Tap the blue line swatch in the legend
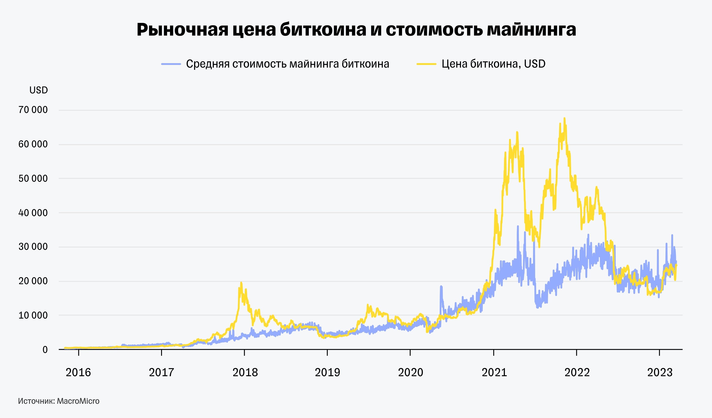171,64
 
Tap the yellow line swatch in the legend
426,64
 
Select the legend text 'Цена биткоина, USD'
493,64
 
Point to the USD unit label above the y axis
38,90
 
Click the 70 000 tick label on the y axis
33,110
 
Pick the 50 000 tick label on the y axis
33,179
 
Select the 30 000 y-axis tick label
33,247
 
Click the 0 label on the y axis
45,350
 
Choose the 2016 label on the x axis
78,372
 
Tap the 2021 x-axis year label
494,372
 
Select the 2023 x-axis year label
660,372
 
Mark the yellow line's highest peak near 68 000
564,119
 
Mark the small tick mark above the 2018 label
244,352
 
